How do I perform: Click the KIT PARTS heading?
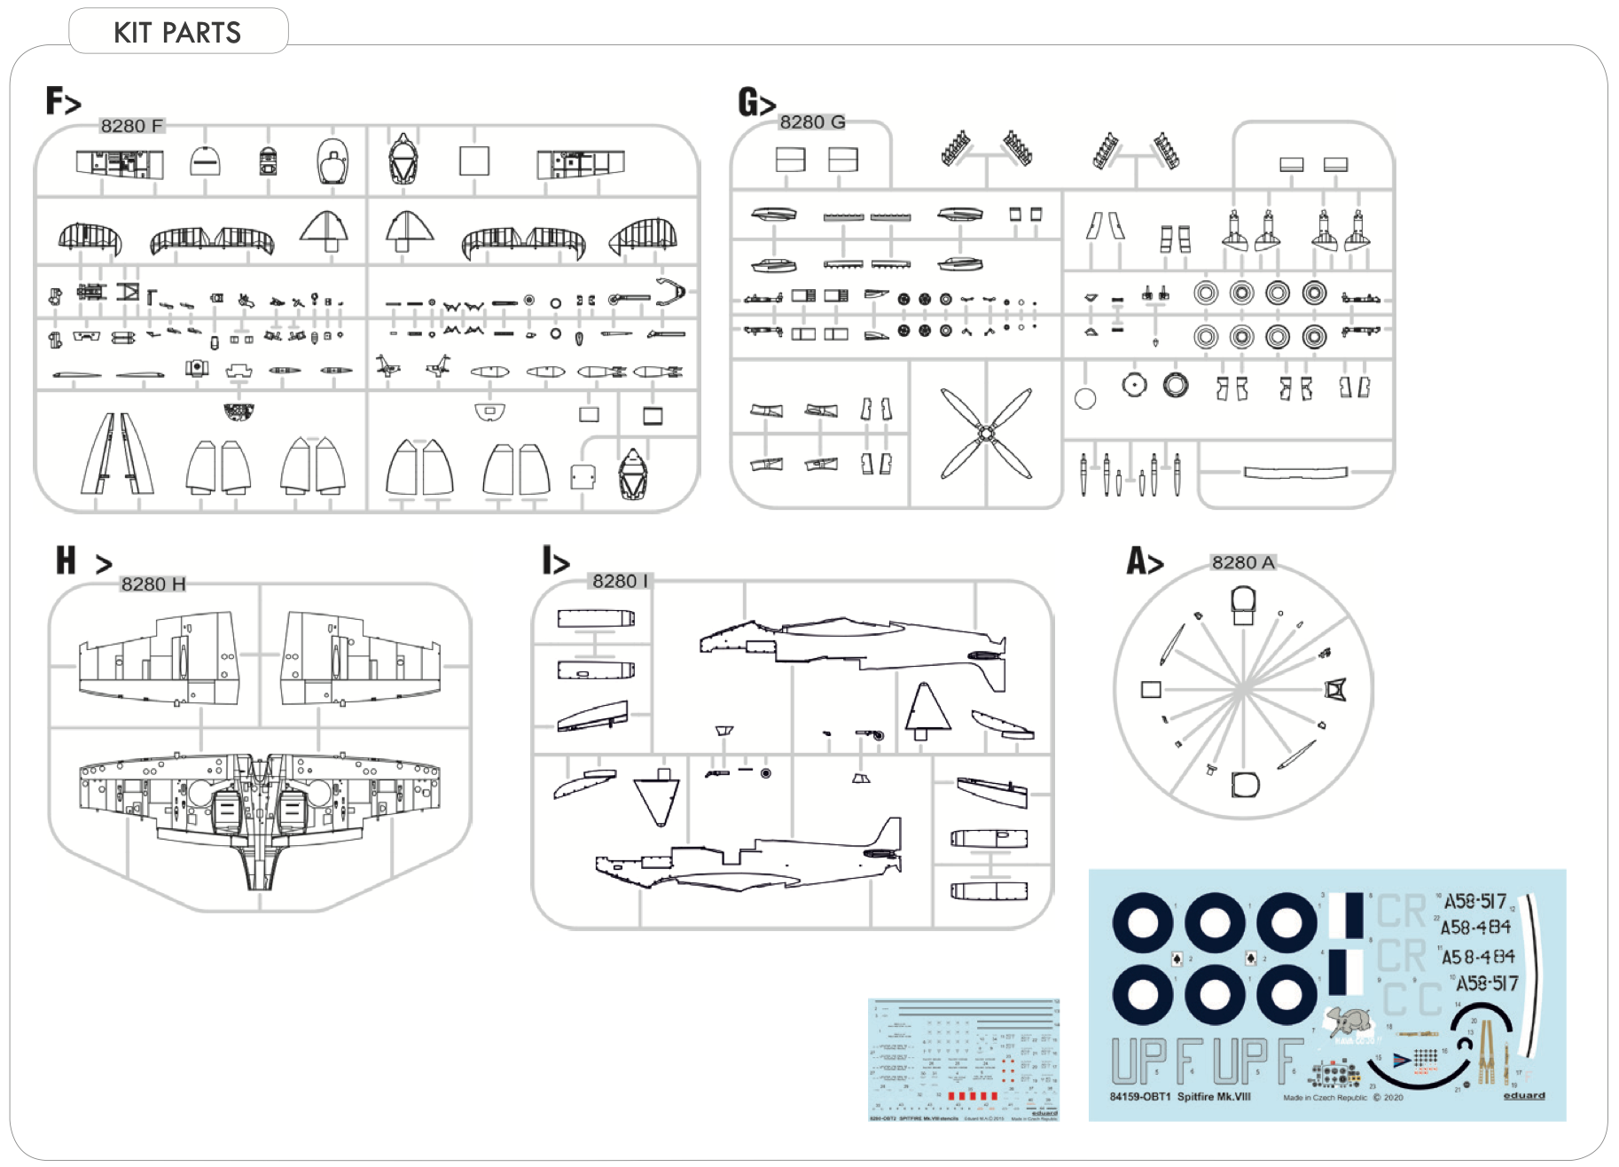(x=177, y=33)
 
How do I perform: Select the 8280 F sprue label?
(x=131, y=126)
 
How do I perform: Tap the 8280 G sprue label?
(x=812, y=121)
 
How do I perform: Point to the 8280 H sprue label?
(x=153, y=583)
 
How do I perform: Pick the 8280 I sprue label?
(x=620, y=581)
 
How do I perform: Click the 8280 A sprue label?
(x=1243, y=562)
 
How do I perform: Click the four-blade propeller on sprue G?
(x=986, y=433)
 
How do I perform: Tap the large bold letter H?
(x=66, y=560)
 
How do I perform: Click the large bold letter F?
(x=55, y=100)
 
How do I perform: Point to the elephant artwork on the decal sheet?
(x=1350, y=1022)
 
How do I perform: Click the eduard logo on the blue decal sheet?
(x=1523, y=1095)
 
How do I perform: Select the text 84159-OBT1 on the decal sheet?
(x=1140, y=1097)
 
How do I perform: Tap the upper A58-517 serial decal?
(x=1475, y=901)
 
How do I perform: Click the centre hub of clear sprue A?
(x=1244, y=687)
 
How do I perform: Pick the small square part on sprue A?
(x=1151, y=689)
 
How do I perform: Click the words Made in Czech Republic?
(x=1325, y=1098)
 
